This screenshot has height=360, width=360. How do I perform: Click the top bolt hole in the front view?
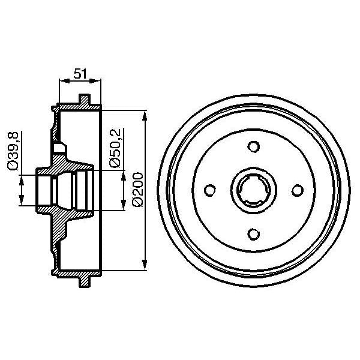point(253,147)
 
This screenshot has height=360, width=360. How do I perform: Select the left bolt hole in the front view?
point(210,190)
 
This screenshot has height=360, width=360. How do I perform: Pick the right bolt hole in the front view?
point(296,190)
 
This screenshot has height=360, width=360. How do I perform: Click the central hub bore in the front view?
point(253,190)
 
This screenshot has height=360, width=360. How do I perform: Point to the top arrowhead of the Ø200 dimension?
point(146,114)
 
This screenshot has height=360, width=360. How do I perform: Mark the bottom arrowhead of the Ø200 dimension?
point(146,266)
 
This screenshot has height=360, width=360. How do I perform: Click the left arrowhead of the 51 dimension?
point(62,82)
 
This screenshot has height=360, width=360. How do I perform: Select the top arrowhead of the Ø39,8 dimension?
point(22,178)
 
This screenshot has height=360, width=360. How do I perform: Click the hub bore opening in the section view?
point(45,190)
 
